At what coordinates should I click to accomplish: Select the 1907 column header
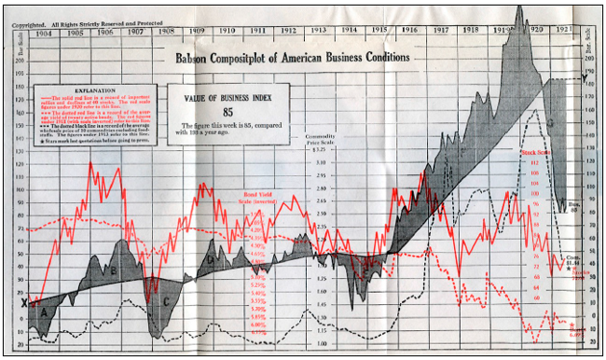point(136,32)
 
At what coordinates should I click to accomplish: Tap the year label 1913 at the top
point(319,32)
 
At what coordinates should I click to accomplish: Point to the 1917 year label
point(439,32)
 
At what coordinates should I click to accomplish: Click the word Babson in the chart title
point(197,58)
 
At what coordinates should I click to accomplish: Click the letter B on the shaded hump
point(113,270)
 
